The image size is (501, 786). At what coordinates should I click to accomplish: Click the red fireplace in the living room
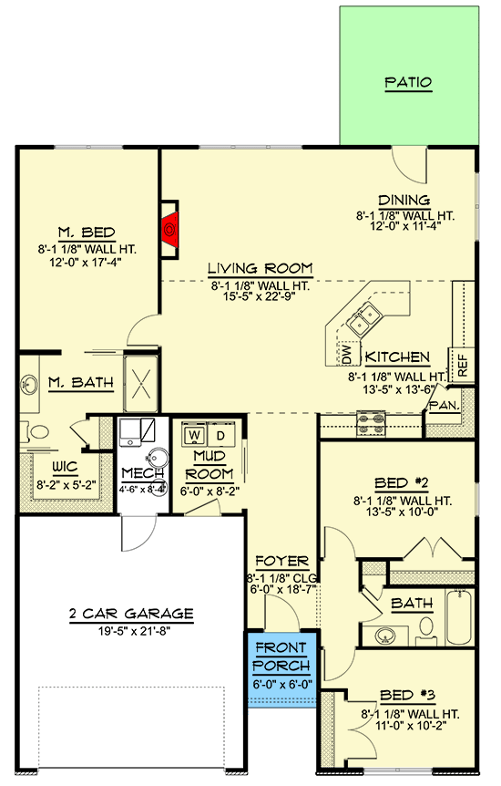coord(171,230)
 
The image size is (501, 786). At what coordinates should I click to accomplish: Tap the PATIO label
coord(408,82)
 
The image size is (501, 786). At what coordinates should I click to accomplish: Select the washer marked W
coord(195,434)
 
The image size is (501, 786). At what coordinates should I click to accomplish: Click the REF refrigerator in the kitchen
coord(462,365)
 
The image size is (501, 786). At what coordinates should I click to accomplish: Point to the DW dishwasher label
coord(347,353)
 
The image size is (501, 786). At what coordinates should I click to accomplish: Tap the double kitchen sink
coord(364,319)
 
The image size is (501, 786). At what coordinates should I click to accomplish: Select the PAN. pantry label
coord(445,405)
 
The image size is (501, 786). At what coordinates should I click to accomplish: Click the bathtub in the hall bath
coord(458,616)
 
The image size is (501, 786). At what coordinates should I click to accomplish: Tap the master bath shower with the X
coord(141,384)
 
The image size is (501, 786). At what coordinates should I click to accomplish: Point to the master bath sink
coord(29,385)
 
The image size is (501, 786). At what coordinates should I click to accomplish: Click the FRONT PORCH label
coord(281,657)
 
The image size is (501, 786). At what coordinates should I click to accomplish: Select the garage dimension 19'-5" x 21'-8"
coord(134,631)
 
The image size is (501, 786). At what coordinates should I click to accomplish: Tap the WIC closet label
coord(66,468)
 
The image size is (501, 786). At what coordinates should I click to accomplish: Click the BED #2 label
coord(402,483)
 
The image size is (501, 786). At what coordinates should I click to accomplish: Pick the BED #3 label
coord(407,696)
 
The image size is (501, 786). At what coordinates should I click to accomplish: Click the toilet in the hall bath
coord(426,631)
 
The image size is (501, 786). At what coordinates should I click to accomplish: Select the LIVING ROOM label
coord(261,269)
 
